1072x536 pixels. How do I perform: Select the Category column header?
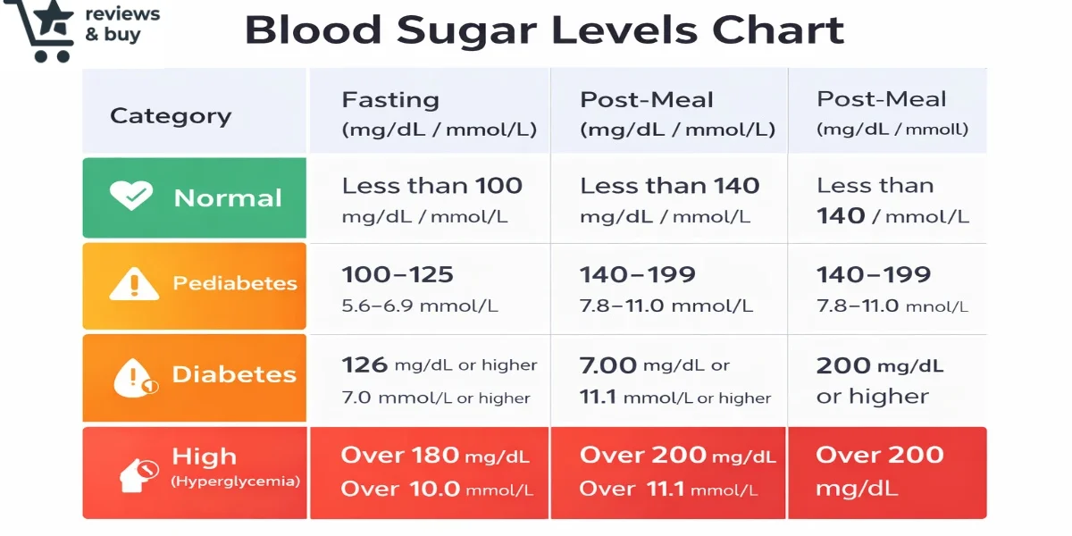pyautogui.click(x=170, y=116)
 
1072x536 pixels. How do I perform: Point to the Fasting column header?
pyautogui.click(x=390, y=99)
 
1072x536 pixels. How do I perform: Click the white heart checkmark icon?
pyautogui.click(x=131, y=197)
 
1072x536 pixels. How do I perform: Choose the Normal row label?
pyautogui.click(x=228, y=198)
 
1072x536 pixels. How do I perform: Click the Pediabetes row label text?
pyautogui.click(x=235, y=284)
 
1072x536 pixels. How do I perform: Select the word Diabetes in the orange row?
pyautogui.click(x=234, y=375)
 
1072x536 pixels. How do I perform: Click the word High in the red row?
pyautogui.click(x=205, y=457)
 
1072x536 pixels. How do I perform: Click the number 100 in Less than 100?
pyautogui.click(x=498, y=186)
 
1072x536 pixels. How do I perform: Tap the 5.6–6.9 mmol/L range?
pyautogui.click(x=420, y=306)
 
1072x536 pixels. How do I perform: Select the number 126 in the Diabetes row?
pyautogui.click(x=364, y=364)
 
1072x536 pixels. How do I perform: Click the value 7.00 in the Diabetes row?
pyautogui.click(x=608, y=364)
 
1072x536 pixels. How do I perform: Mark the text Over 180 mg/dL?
pyautogui.click(x=435, y=456)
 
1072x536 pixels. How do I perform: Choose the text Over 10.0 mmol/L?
pyautogui.click(x=437, y=490)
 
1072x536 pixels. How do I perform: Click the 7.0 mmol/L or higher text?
pyautogui.click(x=436, y=398)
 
